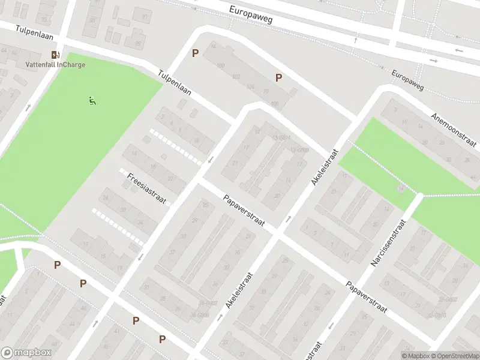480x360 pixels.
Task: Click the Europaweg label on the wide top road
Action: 251,15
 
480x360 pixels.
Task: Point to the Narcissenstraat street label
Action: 389,242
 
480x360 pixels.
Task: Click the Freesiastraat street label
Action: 146,188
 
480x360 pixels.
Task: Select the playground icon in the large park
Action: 92,101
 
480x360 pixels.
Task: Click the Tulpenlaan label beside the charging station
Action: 35,32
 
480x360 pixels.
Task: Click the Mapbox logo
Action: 26,353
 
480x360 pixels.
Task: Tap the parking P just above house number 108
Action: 278,77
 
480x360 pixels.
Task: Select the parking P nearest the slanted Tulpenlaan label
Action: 194,53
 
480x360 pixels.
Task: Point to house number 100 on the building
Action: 220,65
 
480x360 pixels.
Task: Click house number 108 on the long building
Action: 275,104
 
